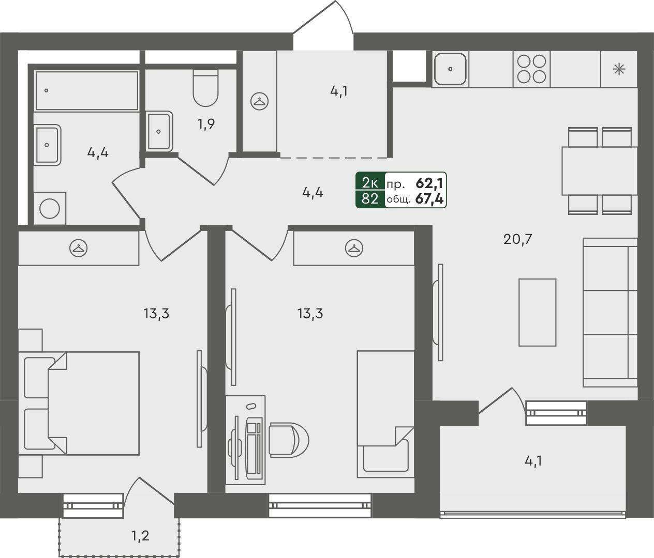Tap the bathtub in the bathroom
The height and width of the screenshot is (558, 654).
click(86, 90)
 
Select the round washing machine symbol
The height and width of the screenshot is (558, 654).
click(50, 208)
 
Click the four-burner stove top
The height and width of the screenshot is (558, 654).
click(532, 69)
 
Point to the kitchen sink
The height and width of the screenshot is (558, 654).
click(451, 69)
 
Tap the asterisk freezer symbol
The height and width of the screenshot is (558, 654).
click(619, 69)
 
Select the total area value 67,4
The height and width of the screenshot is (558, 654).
click(429, 199)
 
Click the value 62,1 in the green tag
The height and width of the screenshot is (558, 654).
click(429, 182)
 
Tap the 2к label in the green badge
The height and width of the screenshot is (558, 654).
click(370, 182)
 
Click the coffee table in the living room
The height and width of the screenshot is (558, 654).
click(538, 313)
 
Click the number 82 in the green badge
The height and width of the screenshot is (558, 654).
click(370, 199)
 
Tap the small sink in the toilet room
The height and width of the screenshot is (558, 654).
click(158, 131)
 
